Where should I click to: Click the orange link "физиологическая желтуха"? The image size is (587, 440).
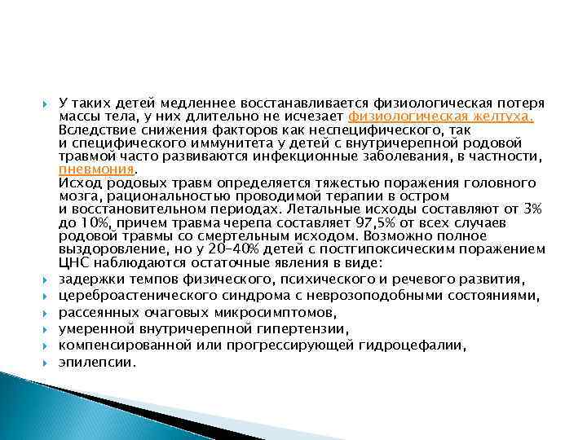pos(440,117)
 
